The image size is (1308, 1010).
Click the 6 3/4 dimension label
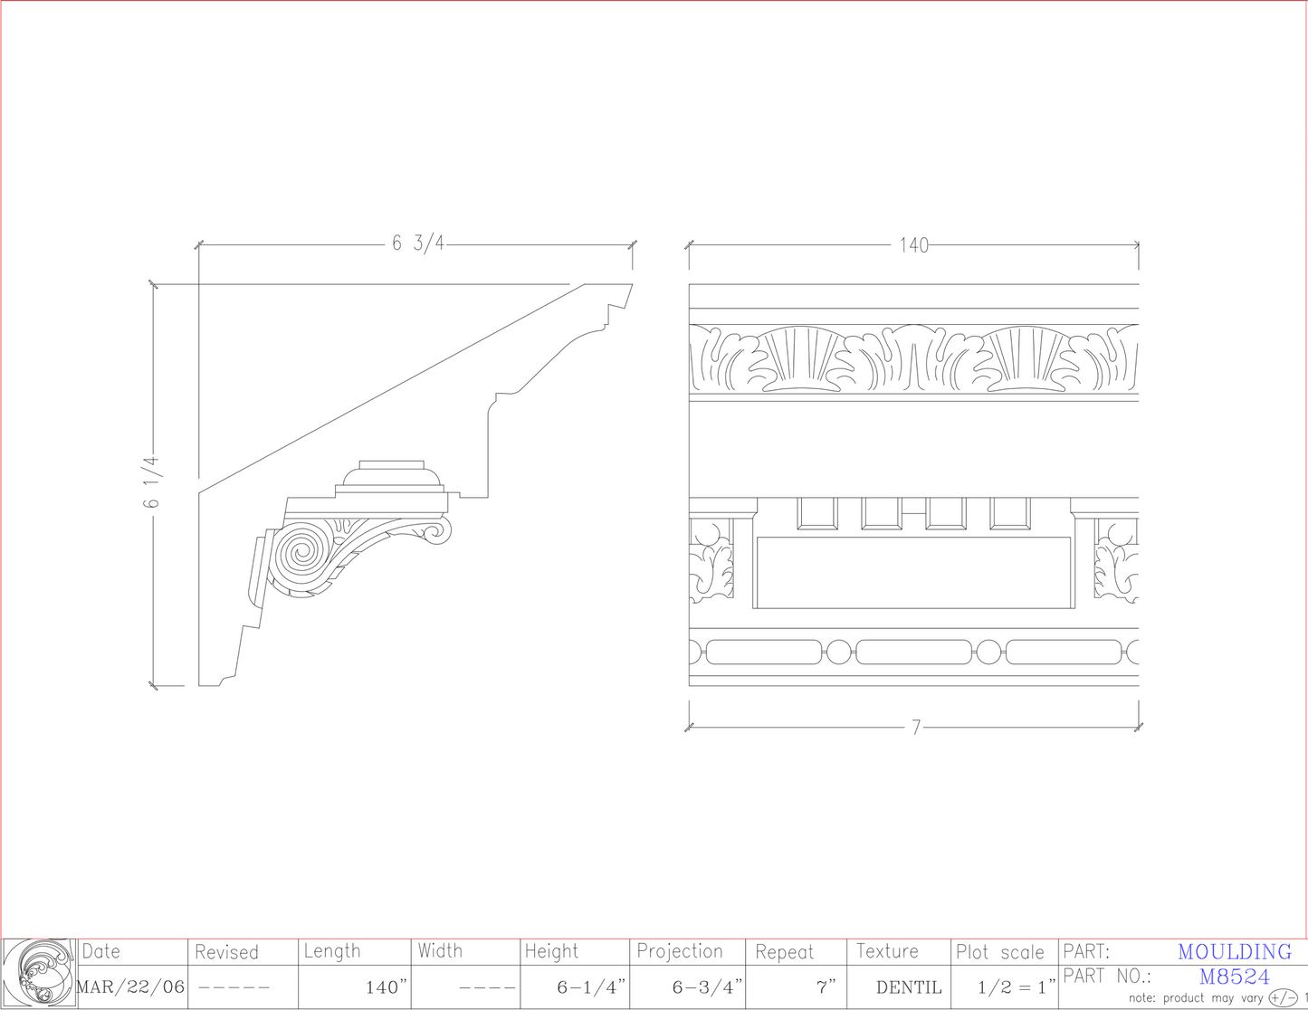[417, 243]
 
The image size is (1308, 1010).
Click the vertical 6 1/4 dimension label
[151, 481]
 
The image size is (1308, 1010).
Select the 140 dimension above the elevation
[913, 245]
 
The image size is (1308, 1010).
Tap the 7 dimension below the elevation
[915, 728]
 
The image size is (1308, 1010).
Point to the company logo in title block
[39, 973]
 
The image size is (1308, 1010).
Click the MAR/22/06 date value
[131, 986]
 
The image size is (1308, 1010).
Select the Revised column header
[226, 952]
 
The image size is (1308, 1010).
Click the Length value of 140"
[387, 987]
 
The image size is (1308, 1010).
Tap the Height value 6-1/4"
[591, 987]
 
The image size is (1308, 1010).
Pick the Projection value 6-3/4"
[707, 987]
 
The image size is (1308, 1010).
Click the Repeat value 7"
[826, 987]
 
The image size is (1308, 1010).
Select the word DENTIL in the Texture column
[909, 987]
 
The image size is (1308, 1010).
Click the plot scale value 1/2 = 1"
[1017, 987]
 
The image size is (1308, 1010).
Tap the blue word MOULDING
[1235, 952]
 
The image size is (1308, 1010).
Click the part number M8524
[1235, 977]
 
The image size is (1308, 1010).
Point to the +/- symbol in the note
[1283, 998]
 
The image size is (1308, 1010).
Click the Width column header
[440, 951]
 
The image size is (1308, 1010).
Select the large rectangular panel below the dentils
[912, 573]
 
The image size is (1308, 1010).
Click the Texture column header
[887, 951]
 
